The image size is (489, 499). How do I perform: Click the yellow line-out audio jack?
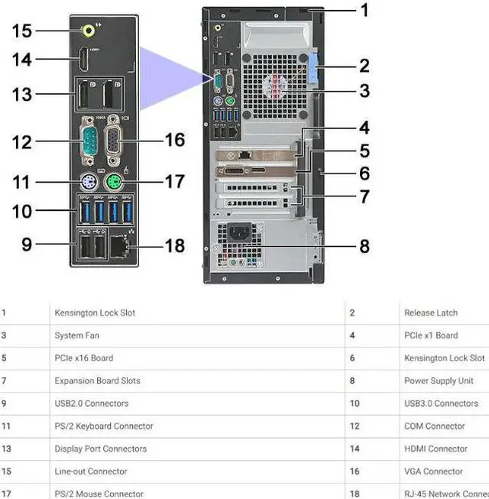[x=89, y=31]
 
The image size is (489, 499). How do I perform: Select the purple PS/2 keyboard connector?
[x=86, y=182]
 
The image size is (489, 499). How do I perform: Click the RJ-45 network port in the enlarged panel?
[x=117, y=247]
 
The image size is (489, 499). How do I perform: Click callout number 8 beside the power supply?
[x=364, y=246]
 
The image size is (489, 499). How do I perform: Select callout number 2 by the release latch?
[x=364, y=66]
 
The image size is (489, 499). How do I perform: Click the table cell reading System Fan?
[x=76, y=335]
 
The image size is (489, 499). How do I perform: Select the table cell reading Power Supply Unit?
[x=439, y=381]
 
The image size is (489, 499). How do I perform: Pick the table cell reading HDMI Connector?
[x=436, y=449]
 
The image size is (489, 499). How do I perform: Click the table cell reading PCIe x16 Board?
[x=84, y=358]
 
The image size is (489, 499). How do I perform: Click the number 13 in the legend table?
[x=5, y=449]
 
